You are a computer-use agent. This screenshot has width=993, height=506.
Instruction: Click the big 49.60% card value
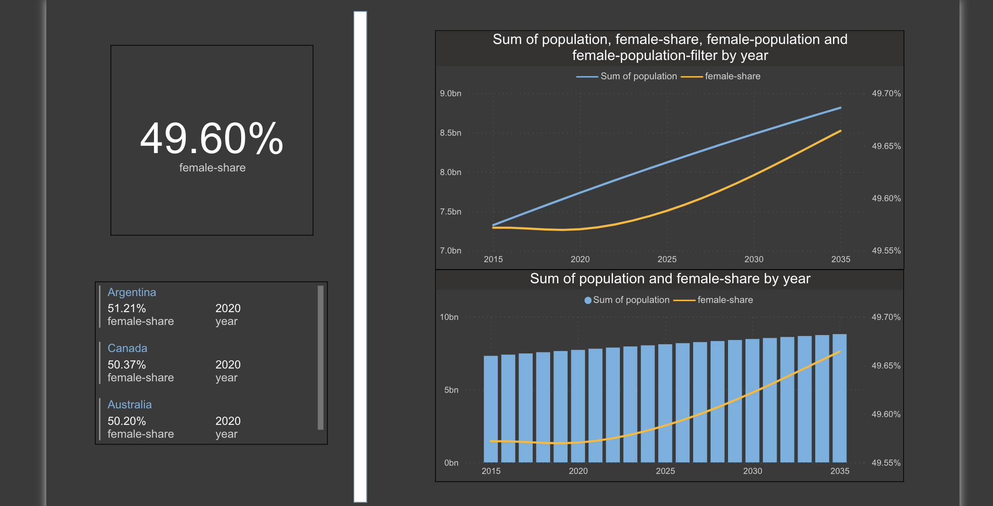(x=211, y=139)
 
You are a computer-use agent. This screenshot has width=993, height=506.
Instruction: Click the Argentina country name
(x=132, y=292)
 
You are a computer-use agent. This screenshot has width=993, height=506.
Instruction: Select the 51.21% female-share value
(x=127, y=308)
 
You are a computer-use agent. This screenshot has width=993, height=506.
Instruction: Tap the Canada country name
(x=127, y=348)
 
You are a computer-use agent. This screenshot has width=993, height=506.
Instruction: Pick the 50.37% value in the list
(x=127, y=365)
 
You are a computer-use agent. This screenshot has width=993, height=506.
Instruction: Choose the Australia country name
(x=129, y=405)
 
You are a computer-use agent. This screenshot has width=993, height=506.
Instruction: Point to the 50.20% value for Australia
(x=127, y=421)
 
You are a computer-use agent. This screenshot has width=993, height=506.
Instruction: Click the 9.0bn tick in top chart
(x=450, y=93)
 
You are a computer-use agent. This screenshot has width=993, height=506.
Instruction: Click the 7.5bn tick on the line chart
(x=450, y=212)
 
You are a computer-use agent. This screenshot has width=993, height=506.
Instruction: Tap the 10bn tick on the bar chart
(x=449, y=317)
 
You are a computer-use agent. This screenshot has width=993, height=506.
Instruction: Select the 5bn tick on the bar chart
(x=451, y=390)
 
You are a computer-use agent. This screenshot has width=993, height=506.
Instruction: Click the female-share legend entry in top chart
(x=732, y=77)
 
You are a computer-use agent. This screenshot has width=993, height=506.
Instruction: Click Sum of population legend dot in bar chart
(x=588, y=301)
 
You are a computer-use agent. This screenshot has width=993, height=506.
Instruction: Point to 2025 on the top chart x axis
(x=667, y=259)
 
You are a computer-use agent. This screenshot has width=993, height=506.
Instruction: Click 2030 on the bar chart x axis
(x=752, y=471)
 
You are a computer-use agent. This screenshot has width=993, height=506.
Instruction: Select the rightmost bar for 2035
(x=839, y=399)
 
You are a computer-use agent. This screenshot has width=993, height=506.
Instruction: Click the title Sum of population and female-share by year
(x=670, y=279)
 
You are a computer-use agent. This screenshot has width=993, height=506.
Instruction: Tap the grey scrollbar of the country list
(x=320, y=357)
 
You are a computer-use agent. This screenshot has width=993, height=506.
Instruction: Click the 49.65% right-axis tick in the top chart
(x=886, y=146)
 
